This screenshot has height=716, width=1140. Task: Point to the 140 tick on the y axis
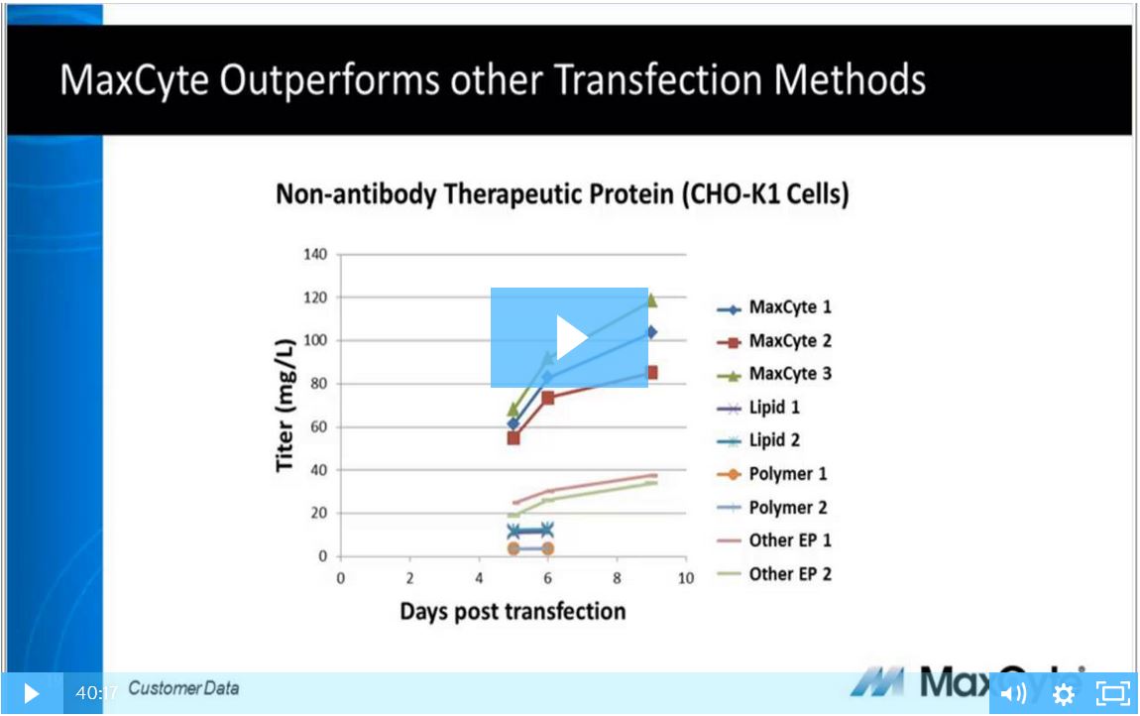(314, 254)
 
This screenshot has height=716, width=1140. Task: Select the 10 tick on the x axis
(685, 578)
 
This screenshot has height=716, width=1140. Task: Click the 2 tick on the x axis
(410, 578)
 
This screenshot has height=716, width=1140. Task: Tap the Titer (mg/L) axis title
(285, 405)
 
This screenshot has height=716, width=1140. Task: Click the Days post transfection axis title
(513, 611)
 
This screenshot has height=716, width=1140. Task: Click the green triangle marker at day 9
(651, 299)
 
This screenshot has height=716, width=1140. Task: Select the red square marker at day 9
(651, 373)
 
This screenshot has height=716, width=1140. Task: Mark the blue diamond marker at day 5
(513, 423)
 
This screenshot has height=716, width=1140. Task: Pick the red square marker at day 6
(548, 398)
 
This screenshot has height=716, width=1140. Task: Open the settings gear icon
(1064, 694)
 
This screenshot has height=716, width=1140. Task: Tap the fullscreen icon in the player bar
(1113, 693)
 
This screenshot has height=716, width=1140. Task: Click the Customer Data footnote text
(183, 688)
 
